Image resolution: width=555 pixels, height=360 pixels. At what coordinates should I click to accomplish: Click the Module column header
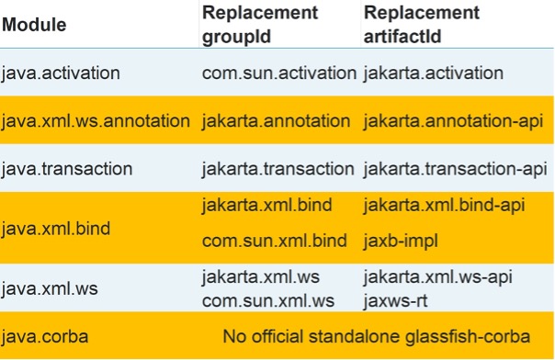tap(34, 26)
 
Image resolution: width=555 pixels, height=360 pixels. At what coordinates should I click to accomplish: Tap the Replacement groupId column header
tap(260, 26)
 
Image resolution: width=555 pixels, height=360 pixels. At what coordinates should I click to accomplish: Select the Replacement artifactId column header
tap(422, 26)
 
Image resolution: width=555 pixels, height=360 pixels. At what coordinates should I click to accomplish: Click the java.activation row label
tap(61, 73)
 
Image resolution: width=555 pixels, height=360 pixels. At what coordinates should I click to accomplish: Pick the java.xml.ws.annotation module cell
tap(96, 121)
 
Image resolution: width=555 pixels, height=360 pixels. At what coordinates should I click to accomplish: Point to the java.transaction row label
tap(67, 169)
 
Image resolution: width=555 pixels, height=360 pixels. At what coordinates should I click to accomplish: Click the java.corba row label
tap(44, 336)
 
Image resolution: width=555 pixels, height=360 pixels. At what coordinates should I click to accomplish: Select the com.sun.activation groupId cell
tap(278, 73)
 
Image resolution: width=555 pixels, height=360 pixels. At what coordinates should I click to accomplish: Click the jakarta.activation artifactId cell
tap(434, 73)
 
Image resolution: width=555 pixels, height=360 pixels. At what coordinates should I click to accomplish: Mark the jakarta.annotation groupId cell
tap(276, 121)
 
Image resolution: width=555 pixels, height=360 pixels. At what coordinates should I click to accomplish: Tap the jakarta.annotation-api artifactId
tap(453, 121)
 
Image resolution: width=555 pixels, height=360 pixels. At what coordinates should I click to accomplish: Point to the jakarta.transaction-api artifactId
tap(456, 169)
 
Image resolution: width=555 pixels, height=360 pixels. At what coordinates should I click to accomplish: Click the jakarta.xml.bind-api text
tap(444, 205)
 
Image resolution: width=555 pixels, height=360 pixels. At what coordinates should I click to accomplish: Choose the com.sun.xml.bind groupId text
tap(274, 241)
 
